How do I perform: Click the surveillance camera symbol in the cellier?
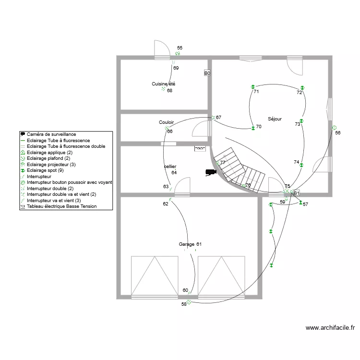(211, 172)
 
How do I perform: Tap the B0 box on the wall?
(207, 73)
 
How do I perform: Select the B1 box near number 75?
(297, 193)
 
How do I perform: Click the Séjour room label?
(275, 119)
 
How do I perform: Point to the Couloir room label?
(166, 122)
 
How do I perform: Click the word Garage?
(186, 244)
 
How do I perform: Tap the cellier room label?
(170, 166)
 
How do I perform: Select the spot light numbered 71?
(253, 87)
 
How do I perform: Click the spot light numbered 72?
(302, 88)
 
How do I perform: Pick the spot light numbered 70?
(253, 128)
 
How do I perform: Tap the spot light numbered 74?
(301, 165)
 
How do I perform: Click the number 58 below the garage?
(184, 304)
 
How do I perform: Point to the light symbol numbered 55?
(178, 53)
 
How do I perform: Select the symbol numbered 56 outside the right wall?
(334, 128)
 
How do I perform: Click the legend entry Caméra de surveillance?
(51, 134)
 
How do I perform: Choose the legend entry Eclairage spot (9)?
(45, 170)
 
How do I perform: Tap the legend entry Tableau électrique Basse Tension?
(62, 206)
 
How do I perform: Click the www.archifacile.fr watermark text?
(330, 328)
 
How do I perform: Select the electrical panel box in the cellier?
(200, 148)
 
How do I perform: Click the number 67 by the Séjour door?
(218, 117)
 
